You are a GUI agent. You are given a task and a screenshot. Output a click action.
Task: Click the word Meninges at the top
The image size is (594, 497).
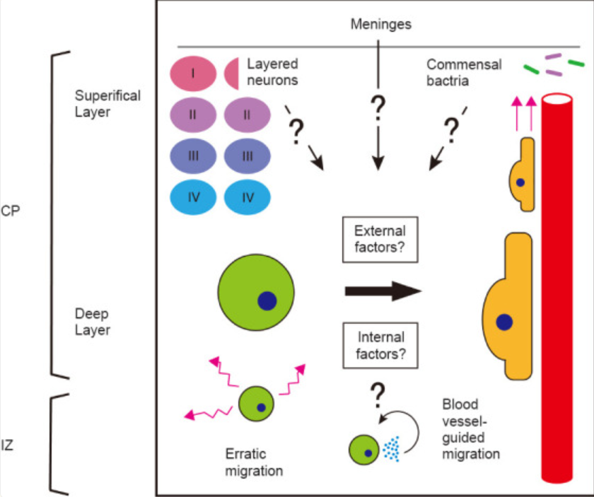click(x=380, y=25)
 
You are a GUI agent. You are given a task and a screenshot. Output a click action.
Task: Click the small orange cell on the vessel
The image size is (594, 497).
click(x=523, y=177)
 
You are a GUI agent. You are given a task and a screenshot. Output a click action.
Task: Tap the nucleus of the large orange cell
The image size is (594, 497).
click(x=503, y=322)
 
